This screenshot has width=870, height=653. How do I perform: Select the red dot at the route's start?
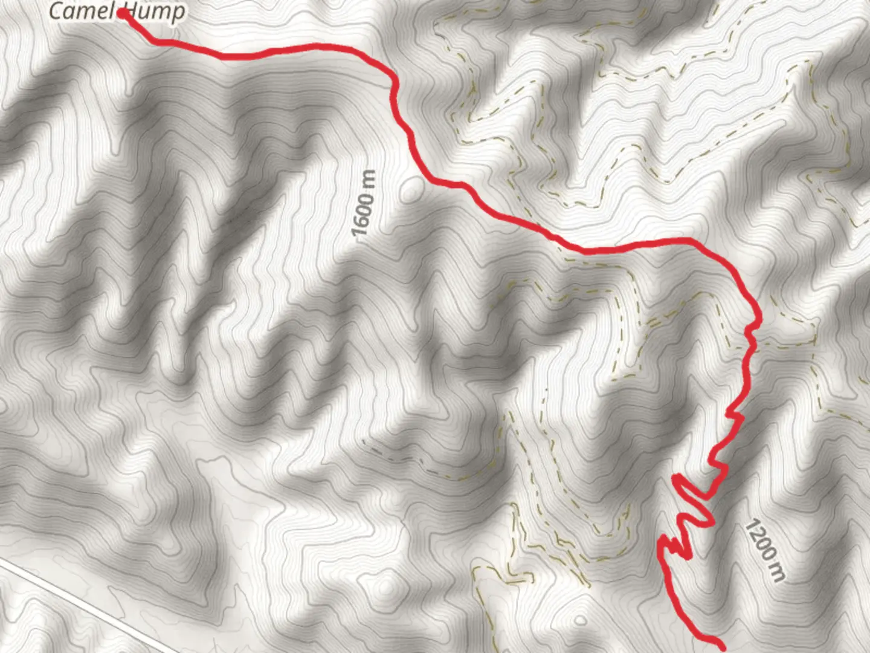click(x=123, y=13)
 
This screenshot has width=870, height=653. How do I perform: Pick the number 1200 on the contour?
click(x=758, y=541)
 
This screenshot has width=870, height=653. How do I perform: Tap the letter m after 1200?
click(x=776, y=571)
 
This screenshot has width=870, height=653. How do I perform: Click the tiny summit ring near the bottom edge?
click(x=580, y=620)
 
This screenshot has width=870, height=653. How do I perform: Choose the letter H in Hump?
click(x=132, y=11)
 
